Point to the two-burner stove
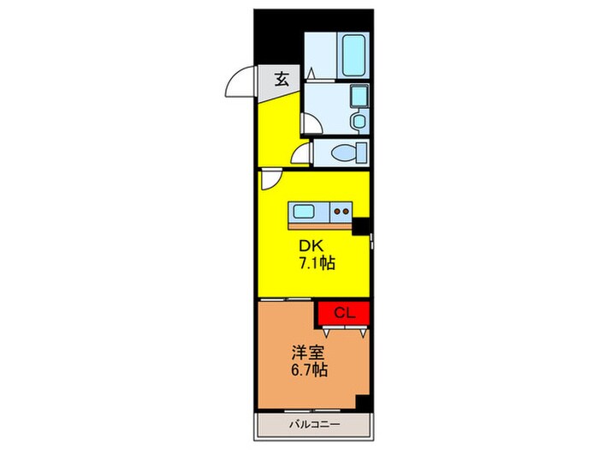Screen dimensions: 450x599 pyautogui.click(x=341, y=211)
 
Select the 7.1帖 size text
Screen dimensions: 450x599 pyautogui.click(x=316, y=264)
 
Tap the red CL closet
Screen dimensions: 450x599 pyautogui.click(x=344, y=313)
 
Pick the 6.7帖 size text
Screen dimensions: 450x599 pyautogui.click(x=307, y=371)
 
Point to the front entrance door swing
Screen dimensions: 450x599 pyautogui.click(x=240, y=82)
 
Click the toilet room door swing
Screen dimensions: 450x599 pyautogui.click(x=301, y=155)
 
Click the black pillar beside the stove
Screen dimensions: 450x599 pyautogui.click(x=363, y=225)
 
